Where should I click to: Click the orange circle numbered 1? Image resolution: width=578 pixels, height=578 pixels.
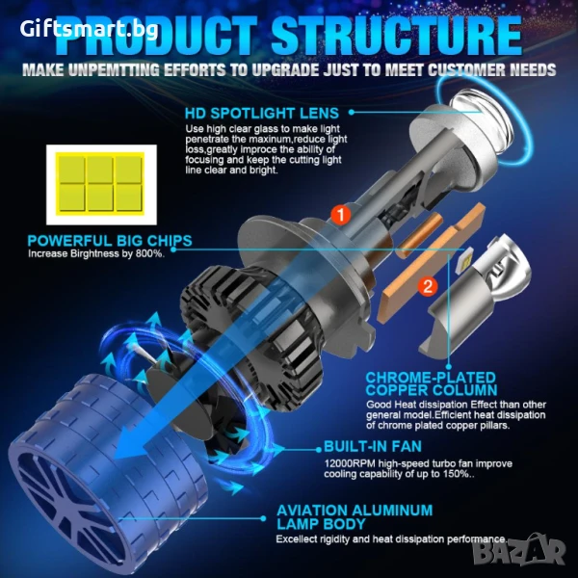(x=341, y=215)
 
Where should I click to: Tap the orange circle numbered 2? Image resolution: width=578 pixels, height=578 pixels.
(x=428, y=286)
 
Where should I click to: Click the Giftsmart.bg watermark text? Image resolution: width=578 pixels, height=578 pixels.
(x=90, y=29)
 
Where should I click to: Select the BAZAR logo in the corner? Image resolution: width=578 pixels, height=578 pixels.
(x=519, y=552)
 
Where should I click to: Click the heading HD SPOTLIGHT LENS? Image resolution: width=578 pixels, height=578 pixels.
(x=262, y=113)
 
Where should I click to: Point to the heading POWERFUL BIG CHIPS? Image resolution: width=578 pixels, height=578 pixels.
(x=110, y=241)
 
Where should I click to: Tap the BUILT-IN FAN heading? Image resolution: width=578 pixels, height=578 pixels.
(x=373, y=446)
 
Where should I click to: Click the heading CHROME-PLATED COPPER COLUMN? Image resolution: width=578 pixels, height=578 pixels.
(x=432, y=383)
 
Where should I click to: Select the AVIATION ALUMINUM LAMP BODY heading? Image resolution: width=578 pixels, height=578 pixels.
(x=355, y=517)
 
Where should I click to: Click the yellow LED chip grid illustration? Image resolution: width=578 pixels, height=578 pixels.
(x=100, y=184)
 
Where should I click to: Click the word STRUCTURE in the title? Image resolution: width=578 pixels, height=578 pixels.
(x=397, y=37)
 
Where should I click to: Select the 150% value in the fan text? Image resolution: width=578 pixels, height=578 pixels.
(x=456, y=474)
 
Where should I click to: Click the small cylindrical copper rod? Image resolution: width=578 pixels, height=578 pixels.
(x=419, y=235)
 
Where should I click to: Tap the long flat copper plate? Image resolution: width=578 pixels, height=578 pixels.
(x=433, y=264)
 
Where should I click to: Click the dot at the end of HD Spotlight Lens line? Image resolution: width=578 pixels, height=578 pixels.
(x=352, y=112)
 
